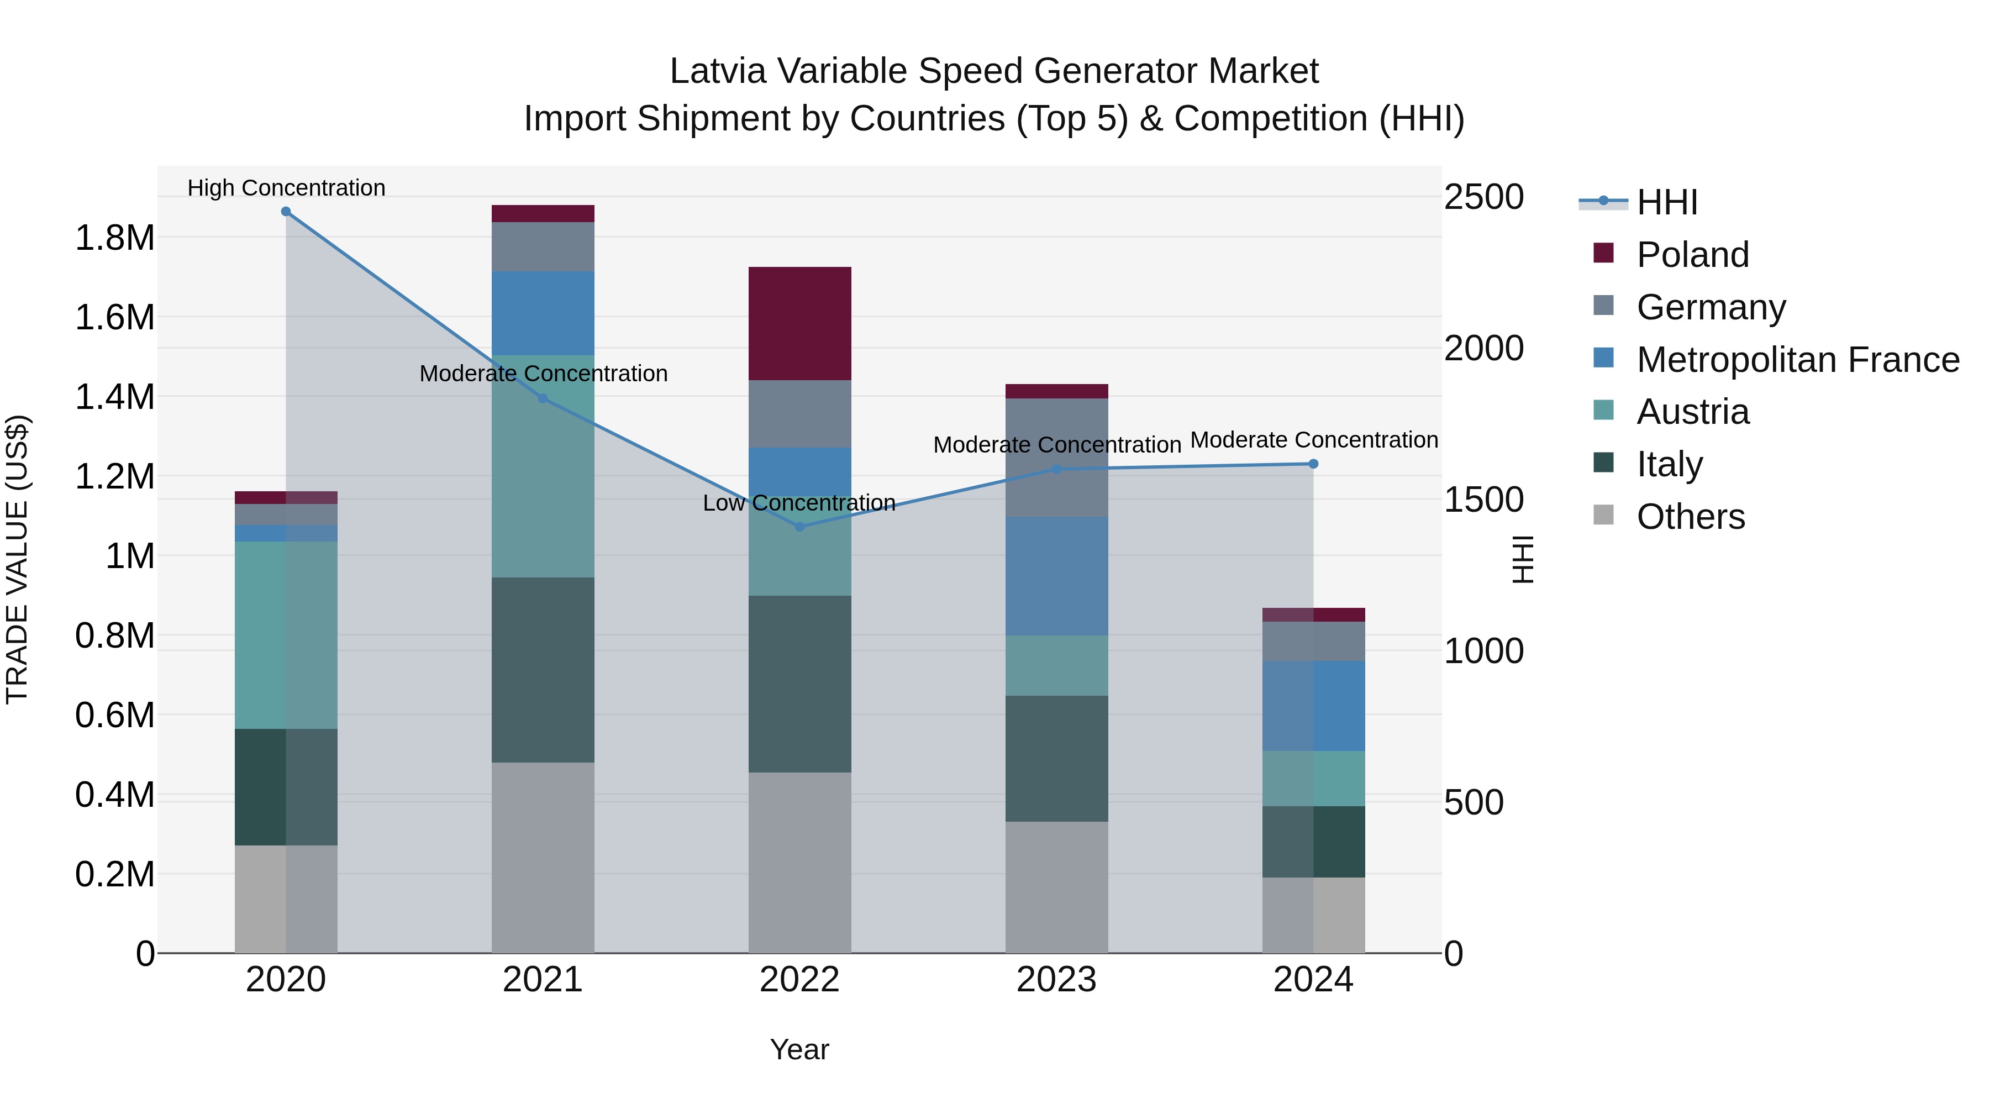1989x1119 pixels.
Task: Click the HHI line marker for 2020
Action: (x=286, y=212)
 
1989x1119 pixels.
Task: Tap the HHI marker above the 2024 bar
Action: (x=1313, y=464)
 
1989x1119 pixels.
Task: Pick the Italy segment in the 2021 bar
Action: (x=543, y=670)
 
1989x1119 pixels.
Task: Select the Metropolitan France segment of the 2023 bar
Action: (x=1056, y=576)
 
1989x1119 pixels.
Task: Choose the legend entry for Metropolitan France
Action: (x=1797, y=360)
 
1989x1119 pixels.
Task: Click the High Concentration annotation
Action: (x=286, y=188)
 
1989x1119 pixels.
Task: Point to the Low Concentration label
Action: (x=799, y=503)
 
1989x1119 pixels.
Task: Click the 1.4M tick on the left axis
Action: (x=114, y=397)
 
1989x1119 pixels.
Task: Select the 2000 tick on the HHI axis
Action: (x=1483, y=348)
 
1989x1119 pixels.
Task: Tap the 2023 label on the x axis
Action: (x=1056, y=980)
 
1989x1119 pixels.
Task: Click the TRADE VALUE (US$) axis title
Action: (x=17, y=559)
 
